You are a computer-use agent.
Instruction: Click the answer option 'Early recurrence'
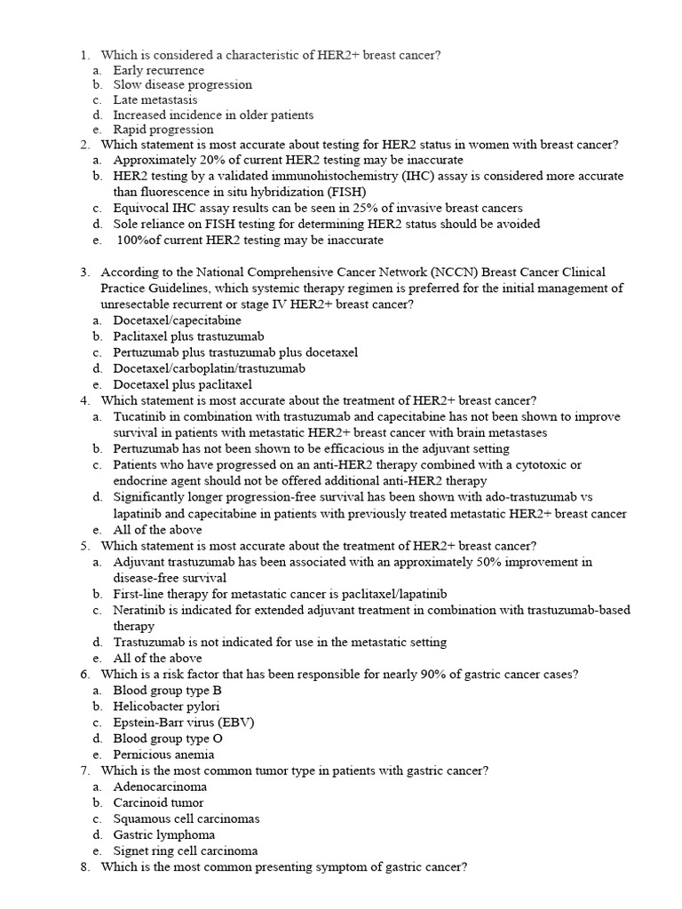(x=158, y=70)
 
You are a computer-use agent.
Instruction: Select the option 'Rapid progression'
(x=163, y=130)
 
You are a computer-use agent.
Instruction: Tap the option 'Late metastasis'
(x=155, y=100)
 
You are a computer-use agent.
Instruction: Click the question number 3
(x=84, y=273)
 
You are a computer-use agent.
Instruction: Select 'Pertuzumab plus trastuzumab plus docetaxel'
(x=235, y=352)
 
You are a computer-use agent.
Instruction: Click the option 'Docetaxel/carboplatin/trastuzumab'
(x=209, y=368)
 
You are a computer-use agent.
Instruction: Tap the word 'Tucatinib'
(x=140, y=416)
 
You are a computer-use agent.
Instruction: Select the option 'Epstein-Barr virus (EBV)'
(x=184, y=723)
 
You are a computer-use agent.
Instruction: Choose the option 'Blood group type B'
(x=167, y=691)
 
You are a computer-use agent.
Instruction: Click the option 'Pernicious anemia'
(x=163, y=755)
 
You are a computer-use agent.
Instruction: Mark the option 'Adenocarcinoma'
(x=160, y=786)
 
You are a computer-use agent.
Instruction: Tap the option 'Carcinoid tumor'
(x=158, y=802)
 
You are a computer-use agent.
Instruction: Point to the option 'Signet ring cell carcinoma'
(x=185, y=850)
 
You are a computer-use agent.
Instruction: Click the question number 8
(x=84, y=866)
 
